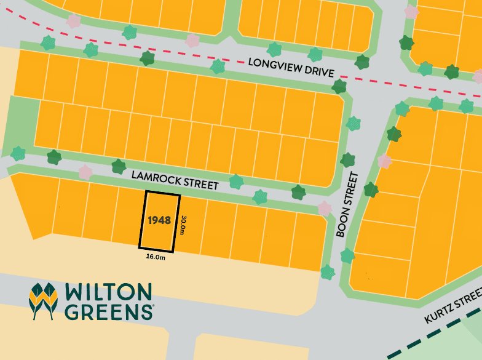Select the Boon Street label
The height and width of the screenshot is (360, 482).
[348, 205]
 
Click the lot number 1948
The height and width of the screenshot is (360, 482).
[159, 219]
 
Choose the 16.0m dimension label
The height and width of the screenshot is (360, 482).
[155, 257]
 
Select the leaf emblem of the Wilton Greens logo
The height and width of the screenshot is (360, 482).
[43, 301]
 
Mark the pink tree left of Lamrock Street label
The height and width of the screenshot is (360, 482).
[85, 172]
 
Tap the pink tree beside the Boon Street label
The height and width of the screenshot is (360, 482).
[385, 161]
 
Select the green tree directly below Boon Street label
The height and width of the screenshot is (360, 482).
[347, 255]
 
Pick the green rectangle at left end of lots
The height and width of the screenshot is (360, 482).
[23, 123]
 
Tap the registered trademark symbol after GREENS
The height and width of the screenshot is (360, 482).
[152, 305]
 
